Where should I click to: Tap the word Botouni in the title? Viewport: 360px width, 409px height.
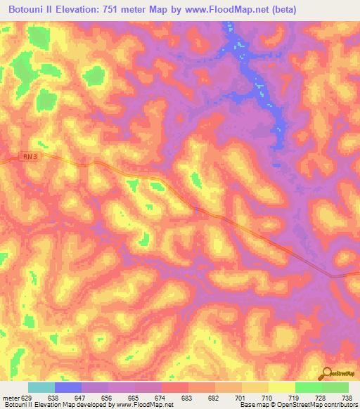tap(32, 10)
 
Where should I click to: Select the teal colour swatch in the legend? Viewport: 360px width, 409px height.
tap(41, 387)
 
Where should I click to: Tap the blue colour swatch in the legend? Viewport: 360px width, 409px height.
tap(68, 387)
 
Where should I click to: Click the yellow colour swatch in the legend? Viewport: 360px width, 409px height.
tap(282, 387)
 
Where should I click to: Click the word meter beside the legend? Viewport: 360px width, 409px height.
tap(11, 397)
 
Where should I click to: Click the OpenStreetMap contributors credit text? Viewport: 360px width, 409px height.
tap(310, 405)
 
